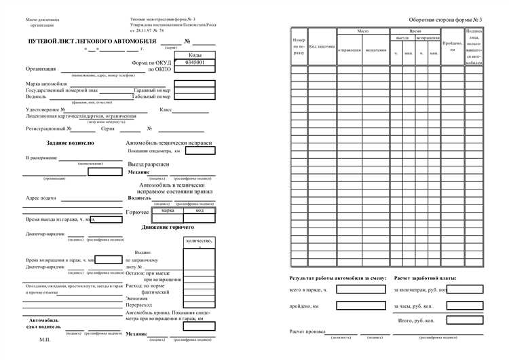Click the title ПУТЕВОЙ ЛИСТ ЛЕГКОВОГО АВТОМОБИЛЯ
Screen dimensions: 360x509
92,42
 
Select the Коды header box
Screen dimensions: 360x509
195,54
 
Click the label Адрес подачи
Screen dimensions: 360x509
41,199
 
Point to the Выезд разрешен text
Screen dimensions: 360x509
149,164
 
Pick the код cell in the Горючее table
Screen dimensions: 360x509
200,211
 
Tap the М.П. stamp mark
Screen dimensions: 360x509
45,338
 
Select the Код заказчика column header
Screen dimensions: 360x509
322,47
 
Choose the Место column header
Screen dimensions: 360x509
362,32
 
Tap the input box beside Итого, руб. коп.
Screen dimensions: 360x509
465,319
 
